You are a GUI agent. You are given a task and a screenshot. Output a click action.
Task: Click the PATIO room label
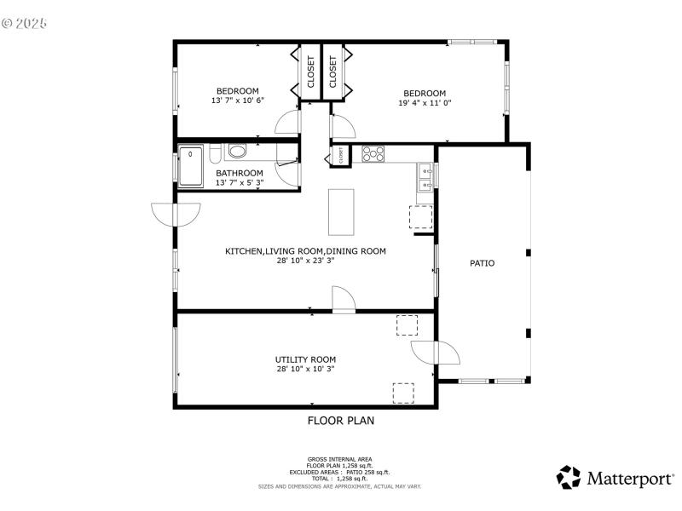coord(482,263)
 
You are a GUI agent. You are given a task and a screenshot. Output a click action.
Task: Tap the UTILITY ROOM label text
coord(305,359)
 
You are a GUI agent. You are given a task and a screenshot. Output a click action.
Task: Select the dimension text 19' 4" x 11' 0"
coord(425,103)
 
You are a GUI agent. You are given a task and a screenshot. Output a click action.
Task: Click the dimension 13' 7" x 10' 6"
coord(238,100)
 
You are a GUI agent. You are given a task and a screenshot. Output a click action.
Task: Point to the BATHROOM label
coord(239,173)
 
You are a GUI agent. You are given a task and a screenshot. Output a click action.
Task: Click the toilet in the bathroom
coord(236,152)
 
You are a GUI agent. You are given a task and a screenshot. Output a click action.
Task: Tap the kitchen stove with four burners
coord(373,154)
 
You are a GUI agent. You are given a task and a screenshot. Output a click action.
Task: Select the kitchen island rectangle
coord(340,212)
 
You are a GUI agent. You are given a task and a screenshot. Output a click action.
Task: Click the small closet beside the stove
coord(340,156)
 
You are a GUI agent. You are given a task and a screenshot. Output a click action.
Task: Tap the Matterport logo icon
coord(569,477)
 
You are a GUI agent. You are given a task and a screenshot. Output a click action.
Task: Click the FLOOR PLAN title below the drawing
coord(340,420)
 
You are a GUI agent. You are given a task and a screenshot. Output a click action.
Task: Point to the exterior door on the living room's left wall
coord(162,215)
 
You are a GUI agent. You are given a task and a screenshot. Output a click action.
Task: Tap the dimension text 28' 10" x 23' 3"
coord(305,261)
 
